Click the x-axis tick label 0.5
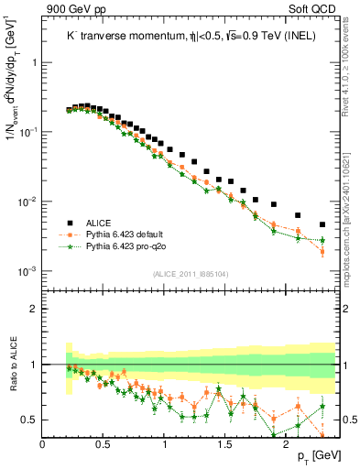[104, 443]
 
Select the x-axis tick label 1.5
[225, 443]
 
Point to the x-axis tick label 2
[286, 443]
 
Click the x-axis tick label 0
[43, 443]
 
